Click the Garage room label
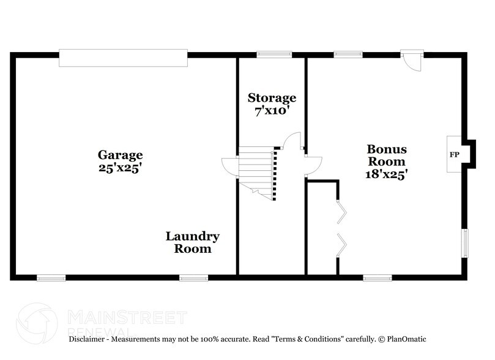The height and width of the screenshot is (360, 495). pyautogui.click(x=121, y=155)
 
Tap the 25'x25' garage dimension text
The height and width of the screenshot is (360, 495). pyautogui.click(x=121, y=167)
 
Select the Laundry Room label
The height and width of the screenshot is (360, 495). pyautogui.click(x=193, y=242)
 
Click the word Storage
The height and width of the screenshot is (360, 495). pyautogui.click(x=272, y=98)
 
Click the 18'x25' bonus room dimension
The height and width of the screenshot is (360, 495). pyautogui.click(x=387, y=174)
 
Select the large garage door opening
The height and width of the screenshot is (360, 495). pyautogui.click(x=123, y=59)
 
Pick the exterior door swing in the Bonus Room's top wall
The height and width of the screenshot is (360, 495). pyautogui.click(x=412, y=61)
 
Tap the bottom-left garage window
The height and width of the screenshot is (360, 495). pyautogui.click(x=51, y=278)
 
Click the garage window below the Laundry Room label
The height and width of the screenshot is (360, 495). pyautogui.click(x=193, y=278)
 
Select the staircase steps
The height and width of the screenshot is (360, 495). pyautogui.click(x=257, y=171)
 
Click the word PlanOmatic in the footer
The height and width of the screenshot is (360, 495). pyautogui.click(x=405, y=339)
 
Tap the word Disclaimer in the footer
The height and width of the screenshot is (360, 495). pyautogui.click(x=89, y=339)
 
